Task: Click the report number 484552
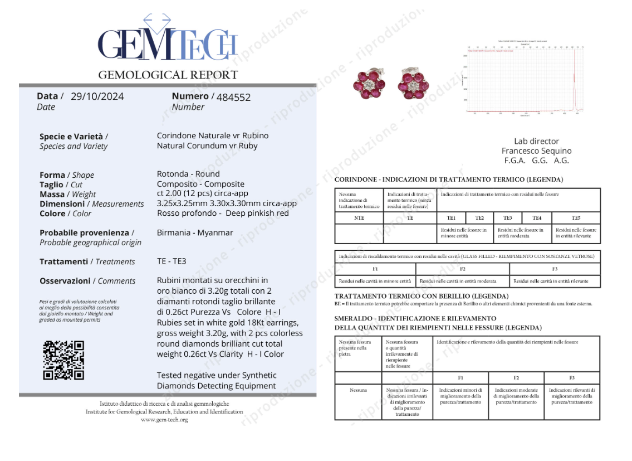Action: click(233, 97)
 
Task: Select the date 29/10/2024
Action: click(97, 96)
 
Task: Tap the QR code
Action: click(63, 360)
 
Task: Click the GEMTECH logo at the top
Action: click(168, 42)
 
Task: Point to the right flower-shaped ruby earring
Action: click(413, 85)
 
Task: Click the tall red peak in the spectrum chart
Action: click(574, 78)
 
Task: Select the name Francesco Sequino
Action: click(536, 151)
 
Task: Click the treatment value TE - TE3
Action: click(172, 261)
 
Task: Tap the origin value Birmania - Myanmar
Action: click(195, 232)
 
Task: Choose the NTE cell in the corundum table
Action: click(359, 218)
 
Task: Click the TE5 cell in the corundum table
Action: click(576, 218)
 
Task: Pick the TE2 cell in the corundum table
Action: click(479, 218)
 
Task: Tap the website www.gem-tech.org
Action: click(164, 420)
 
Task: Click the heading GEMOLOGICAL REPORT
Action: click(168, 75)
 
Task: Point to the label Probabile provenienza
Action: click(86, 232)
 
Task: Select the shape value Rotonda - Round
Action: click(188, 174)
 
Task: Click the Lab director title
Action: click(536, 141)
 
